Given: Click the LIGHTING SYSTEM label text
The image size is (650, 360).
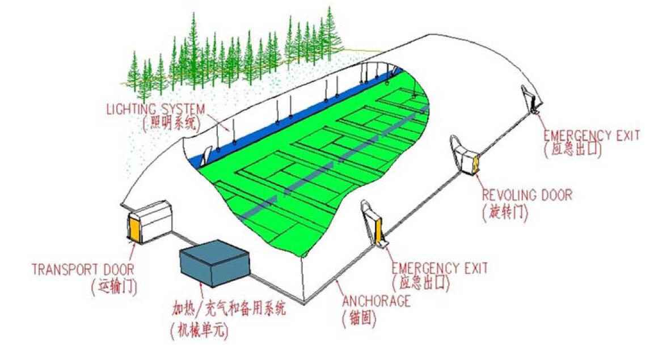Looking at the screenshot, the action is pyautogui.click(x=156, y=109).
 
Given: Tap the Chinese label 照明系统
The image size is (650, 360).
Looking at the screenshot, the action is pyautogui.click(x=170, y=124).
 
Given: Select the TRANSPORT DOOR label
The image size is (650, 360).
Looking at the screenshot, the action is pyautogui.click(x=83, y=270).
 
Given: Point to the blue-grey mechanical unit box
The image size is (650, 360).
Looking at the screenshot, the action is pyautogui.click(x=215, y=263).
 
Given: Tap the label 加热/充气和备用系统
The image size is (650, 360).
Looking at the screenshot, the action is pyautogui.click(x=229, y=308).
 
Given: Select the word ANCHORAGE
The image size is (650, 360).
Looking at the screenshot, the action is pyautogui.click(x=376, y=301).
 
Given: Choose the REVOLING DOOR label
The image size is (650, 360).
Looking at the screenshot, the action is pyautogui.click(x=527, y=194).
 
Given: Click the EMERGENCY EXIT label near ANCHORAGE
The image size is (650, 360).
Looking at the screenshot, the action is pyautogui.click(x=440, y=268).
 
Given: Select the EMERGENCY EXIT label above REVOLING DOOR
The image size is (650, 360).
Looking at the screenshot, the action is pyautogui.click(x=592, y=135).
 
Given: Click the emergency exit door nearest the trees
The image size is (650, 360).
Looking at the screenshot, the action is pyautogui.click(x=530, y=100).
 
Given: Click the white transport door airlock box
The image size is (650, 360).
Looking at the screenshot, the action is pyautogui.click(x=150, y=222).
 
